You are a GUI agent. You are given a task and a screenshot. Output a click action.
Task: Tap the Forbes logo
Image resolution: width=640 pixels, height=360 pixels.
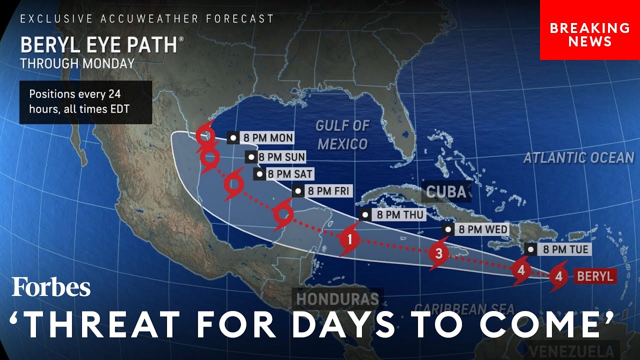[51, 287]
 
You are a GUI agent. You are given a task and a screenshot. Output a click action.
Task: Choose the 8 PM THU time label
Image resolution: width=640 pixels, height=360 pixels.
[392, 215]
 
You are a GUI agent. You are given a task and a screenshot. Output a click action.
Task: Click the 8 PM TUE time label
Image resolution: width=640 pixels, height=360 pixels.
[558, 249]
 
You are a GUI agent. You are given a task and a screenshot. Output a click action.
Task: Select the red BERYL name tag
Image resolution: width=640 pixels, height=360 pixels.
[595, 276]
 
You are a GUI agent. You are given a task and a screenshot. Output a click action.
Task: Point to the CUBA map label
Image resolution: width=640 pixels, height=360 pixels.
[446, 191]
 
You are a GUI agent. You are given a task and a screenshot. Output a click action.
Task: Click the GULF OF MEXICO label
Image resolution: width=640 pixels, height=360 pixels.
[342, 135]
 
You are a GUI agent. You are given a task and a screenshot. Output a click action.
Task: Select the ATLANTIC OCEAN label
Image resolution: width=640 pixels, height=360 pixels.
[578, 158]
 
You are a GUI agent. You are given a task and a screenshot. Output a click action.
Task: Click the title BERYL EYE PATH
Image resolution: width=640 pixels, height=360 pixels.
[99, 45]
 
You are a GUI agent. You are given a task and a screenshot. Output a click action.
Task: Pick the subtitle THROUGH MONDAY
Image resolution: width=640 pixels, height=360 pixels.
[77, 63]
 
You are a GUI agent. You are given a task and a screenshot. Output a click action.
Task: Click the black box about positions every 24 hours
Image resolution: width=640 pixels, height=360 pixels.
[85, 101]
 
